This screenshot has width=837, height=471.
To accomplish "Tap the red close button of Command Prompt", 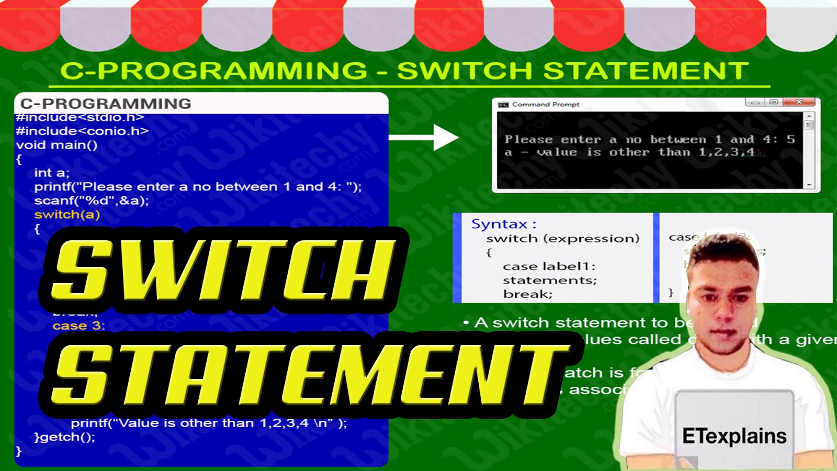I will click(799, 102).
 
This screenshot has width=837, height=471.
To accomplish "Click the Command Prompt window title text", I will click(546, 105).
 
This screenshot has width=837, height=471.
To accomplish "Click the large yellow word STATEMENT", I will click(309, 375).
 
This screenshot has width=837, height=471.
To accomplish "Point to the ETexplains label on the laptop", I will click(734, 436).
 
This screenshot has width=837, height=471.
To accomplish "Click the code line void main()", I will click(56, 145).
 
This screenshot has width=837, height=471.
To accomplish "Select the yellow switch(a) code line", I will click(67, 215).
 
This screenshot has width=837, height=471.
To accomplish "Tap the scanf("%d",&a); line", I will click(92, 200).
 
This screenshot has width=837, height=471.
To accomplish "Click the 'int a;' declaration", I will click(51, 173).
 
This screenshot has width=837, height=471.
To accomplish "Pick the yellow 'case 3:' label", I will click(78, 326).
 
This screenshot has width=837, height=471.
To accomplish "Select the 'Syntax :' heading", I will click(503, 224).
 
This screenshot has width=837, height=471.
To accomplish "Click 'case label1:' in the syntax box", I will click(549, 266).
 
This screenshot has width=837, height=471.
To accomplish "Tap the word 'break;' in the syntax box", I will click(527, 294).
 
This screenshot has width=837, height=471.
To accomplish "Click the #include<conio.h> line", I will click(82, 131).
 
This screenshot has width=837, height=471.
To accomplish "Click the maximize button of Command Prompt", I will click(774, 102).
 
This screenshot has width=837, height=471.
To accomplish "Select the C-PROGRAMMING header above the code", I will click(106, 104).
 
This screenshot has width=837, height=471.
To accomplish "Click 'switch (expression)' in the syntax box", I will click(562, 239).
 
